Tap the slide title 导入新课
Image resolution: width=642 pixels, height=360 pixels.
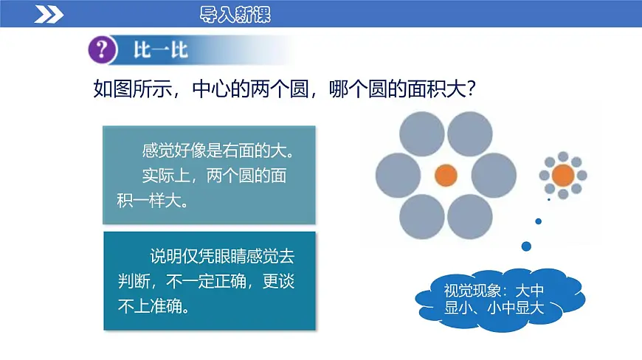(x=235, y=14)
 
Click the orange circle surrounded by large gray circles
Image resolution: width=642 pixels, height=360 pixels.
(x=446, y=176)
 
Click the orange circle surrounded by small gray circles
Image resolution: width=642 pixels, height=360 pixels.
(x=562, y=176)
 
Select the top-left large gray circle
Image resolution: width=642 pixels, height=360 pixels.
(x=421, y=131)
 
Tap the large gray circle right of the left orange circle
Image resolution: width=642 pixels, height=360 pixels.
(x=494, y=176)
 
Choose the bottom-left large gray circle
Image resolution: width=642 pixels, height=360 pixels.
(x=421, y=217)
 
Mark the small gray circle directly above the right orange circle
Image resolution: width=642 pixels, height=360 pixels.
(x=562, y=156)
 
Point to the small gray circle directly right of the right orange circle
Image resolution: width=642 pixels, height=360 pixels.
(x=581, y=176)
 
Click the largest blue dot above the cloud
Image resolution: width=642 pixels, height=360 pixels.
(x=527, y=246)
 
